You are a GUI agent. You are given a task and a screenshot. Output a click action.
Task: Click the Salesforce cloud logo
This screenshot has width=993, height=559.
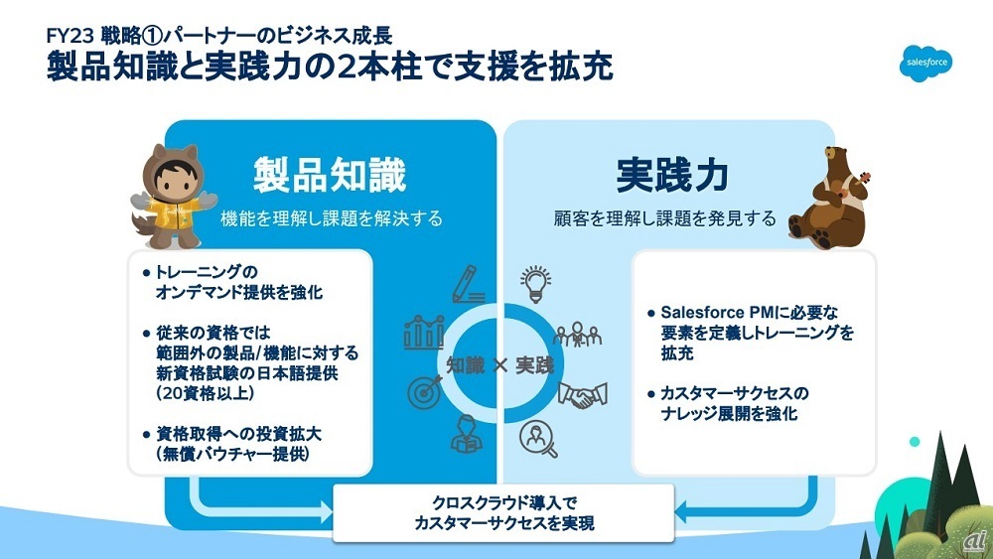[927, 63]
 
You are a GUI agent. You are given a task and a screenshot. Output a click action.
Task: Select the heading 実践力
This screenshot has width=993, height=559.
[671, 175]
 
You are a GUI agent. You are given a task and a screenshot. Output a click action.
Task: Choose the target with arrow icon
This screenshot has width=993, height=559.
[425, 390]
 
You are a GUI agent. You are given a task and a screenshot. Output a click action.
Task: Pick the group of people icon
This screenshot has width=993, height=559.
[577, 335]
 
